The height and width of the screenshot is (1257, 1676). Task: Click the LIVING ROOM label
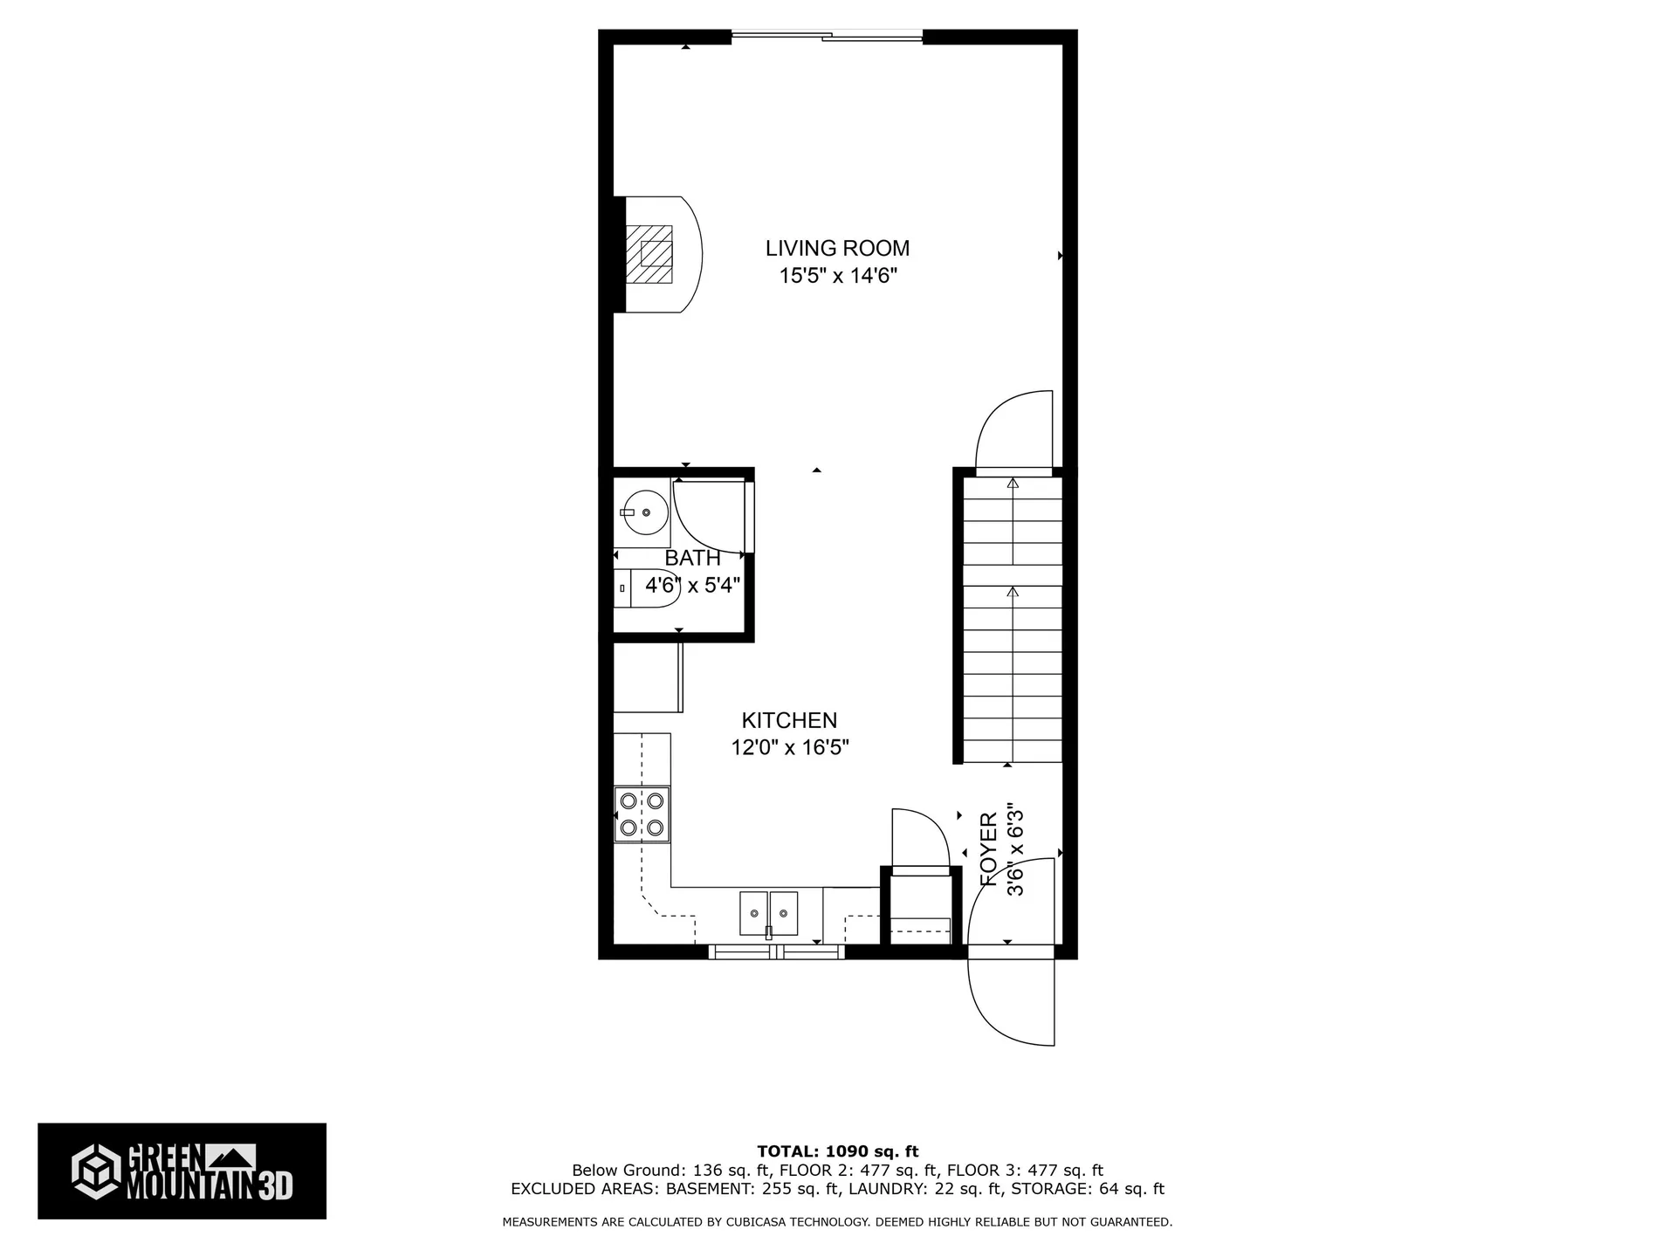point(837,249)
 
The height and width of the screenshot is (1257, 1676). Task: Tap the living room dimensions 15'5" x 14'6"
point(838,276)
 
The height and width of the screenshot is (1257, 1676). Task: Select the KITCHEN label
point(789,720)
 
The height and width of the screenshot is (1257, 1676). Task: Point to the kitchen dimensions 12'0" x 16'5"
point(790,747)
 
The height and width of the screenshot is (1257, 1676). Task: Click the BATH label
point(693,558)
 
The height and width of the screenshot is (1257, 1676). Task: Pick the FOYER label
point(989,849)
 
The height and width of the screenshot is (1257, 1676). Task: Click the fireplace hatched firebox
point(649,254)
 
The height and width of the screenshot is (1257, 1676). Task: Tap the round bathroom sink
point(643,513)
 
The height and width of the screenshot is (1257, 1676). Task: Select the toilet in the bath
point(646,589)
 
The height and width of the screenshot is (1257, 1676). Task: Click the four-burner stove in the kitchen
point(642,814)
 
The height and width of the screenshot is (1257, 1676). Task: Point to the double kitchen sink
point(768,914)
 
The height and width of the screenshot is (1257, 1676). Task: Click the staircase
point(1013,620)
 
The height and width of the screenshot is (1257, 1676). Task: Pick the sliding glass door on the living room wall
point(827,36)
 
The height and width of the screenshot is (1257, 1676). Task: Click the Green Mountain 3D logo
point(182,1171)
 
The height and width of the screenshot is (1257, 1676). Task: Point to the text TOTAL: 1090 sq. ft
point(837,1151)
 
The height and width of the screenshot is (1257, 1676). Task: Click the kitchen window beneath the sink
point(776,951)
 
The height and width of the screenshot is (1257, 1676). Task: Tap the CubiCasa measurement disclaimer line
point(837,1222)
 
